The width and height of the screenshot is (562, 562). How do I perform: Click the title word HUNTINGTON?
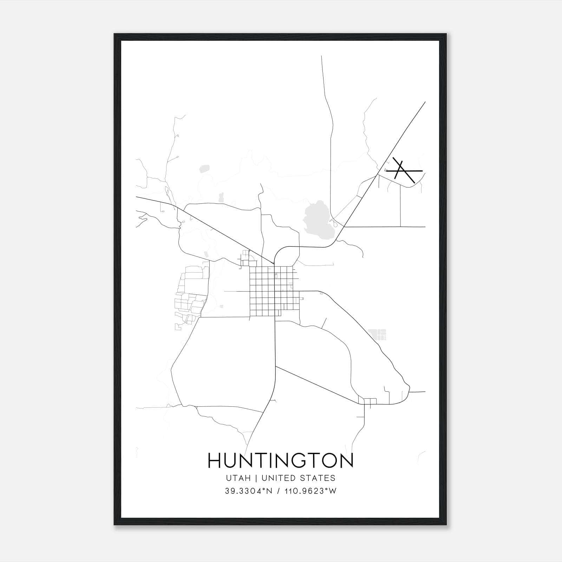(281, 460)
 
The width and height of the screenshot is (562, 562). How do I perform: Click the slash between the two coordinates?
(279, 491)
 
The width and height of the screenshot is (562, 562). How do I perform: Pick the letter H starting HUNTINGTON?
(215, 460)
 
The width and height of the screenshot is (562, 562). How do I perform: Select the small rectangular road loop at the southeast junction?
(370, 401)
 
